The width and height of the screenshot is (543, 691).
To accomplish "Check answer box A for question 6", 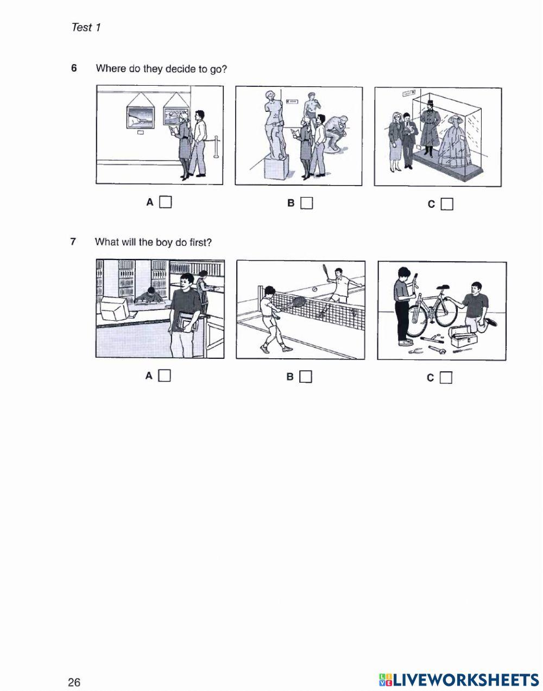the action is pos(165,202).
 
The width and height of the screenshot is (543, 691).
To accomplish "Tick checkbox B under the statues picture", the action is pos(306,203).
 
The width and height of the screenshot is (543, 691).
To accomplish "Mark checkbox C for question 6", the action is pos(447,204).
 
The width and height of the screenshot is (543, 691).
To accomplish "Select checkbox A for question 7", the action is pos(165,376).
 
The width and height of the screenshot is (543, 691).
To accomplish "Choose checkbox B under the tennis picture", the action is pos(305,377).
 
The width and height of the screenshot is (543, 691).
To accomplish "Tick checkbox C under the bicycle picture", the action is pos(446,377).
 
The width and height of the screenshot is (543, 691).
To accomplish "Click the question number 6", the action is pos(74,68).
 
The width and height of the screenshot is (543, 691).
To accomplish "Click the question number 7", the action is pos(73,242).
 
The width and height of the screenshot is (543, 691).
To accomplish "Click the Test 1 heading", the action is pos(86,27).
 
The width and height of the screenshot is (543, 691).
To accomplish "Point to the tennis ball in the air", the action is pos(314,290).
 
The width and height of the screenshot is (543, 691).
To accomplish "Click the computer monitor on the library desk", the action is pos(115,308).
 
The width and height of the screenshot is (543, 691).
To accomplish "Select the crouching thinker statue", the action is pos(337,133).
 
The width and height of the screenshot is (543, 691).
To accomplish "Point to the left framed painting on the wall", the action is pos(140,117).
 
